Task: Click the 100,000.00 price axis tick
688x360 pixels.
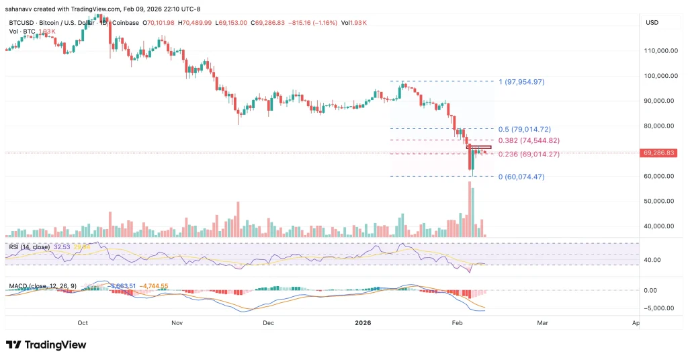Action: click(x=660, y=75)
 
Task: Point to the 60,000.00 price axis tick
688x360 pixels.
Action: click(x=660, y=176)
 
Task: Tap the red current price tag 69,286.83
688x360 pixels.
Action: click(x=660, y=153)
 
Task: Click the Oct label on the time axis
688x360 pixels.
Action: click(x=83, y=323)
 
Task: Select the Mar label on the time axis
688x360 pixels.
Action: click(x=543, y=323)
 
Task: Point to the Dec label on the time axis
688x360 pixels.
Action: click(x=268, y=323)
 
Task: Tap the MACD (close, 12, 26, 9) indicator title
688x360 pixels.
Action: click(x=42, y=286)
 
